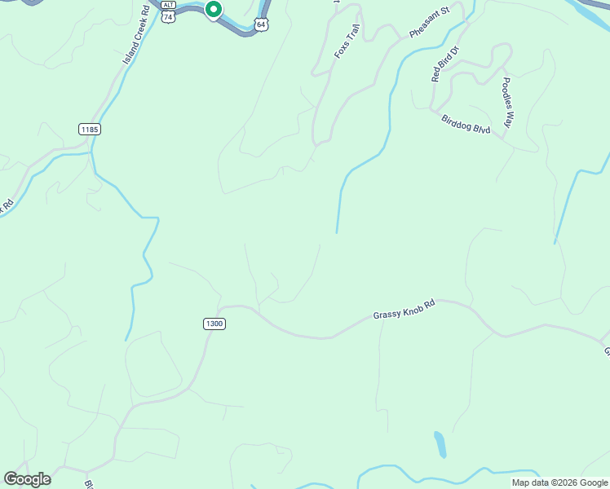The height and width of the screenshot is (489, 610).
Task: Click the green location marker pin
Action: pyautogui.click(x=213, y=10)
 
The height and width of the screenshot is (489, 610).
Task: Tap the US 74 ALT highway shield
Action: pyautogui.click(x=168, y=15)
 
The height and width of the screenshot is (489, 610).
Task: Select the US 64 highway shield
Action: pyautogui.click(x=260, y=24)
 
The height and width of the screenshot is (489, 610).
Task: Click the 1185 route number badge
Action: pyautogui.click(x=90, y=129)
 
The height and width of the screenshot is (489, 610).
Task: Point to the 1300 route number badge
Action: pyautogui.click(x=214, y=324)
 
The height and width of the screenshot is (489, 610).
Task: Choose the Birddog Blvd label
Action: pyautogui.click(x=466, y=125)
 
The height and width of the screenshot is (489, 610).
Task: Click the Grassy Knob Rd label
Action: pyautogui.click(x=404, y=310)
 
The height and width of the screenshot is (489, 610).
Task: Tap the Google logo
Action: pyautogui.click(x=27, y=479)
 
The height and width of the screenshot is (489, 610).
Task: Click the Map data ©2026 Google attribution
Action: pyautogui.click(x=559, y=482)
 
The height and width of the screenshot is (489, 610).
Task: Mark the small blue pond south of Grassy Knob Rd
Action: pyautogui.click(x=440, y=444)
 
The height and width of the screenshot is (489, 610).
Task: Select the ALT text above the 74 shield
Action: pyautogui.click(x=168, y=5)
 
